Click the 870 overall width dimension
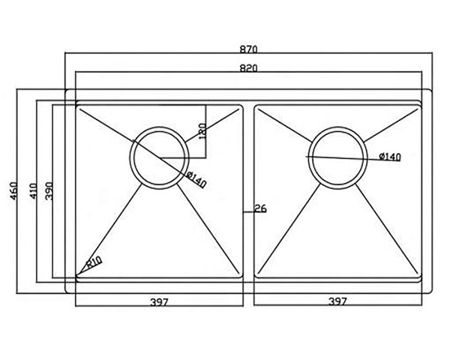[x=248, y=49]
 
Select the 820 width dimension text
[x=248, y=68]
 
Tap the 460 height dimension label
[x=13, y=191]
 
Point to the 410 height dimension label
[x=33, y=191]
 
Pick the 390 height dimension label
[x=49, y=191]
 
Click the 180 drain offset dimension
[x=202, y=131]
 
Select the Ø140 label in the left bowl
[x=196, y=180]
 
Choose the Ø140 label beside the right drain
[x=389, y=157]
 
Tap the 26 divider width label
[x=260, y=208]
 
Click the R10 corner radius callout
[x=94, y=262]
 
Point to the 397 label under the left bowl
[x=159, y=302]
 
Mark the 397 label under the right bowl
[x=337, y=301]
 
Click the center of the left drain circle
[x=160, y=158]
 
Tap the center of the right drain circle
[x=337, y=157]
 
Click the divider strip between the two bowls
[x=249, y=191]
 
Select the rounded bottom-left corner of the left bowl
[x=77, y=277]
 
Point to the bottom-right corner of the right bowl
[x=420, y=277]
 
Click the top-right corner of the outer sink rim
[x=430, y=91]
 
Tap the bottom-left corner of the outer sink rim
[x=67, y=292]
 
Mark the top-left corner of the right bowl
[x=256, y=106]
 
